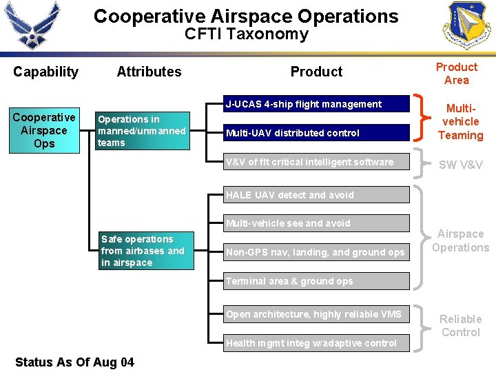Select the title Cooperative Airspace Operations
(246, 17)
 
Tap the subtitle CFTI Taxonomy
(246, 34)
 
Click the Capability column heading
(45, 72)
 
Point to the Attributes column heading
(149, 72)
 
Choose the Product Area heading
(456, 74)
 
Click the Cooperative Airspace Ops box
(44, 130)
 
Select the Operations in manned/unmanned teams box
(142, 131)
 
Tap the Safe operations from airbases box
(145, 251)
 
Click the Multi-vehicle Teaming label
(461, 122)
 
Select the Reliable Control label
(460, 326)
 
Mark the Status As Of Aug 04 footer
(74, 362)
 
